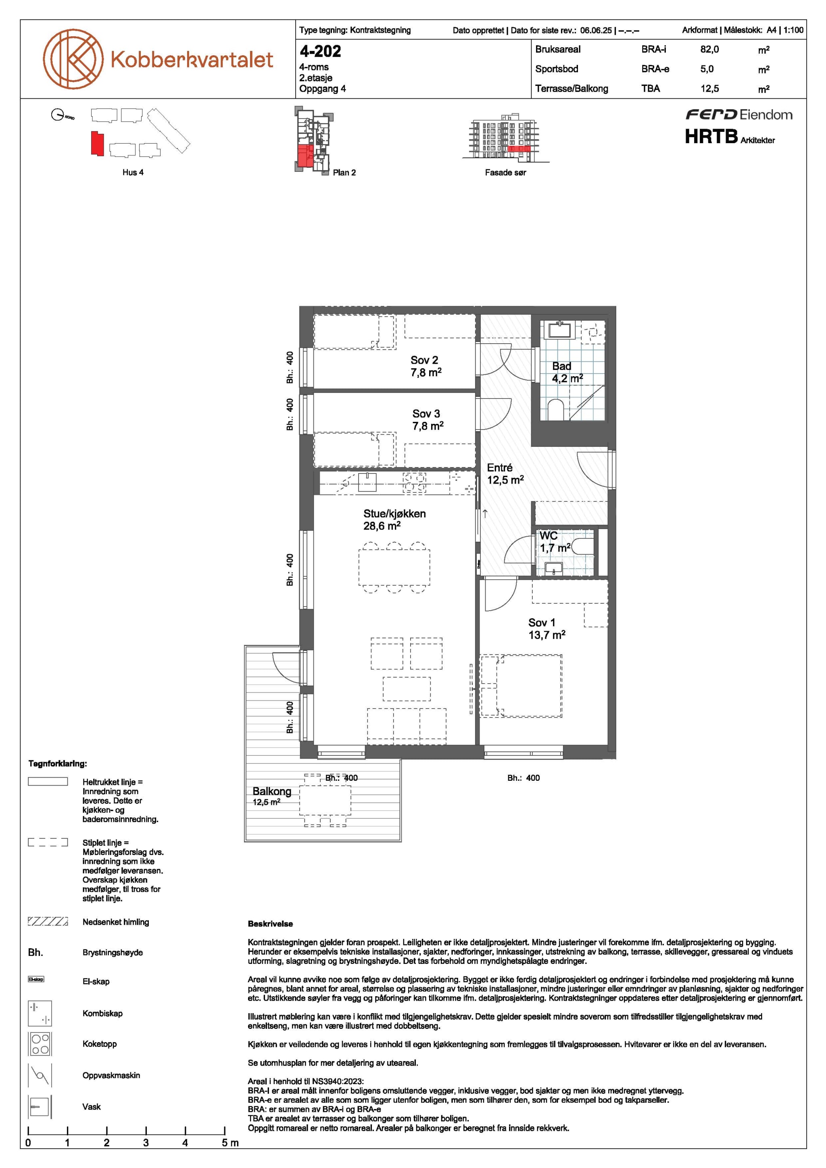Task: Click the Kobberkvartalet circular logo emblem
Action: click(x=73, y=58)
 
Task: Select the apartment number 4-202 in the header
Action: click(x=320, y=51)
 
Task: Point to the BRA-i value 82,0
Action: click(x=709, y=49)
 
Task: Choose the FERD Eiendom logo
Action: click(x=739, y=115)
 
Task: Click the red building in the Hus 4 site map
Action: click(x=97, y=144)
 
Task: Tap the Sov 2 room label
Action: click(x=424, y=360)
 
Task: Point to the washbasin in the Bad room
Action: click(x=560, y=330)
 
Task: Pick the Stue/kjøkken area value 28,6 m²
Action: click(x=382, y=526)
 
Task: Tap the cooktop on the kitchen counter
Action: click(x=415, y=484)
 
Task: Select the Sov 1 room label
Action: click(x=542, y=623)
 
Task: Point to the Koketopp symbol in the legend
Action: click(x=40, y=1044)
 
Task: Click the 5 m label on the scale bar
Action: click(x=230, y=1143)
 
